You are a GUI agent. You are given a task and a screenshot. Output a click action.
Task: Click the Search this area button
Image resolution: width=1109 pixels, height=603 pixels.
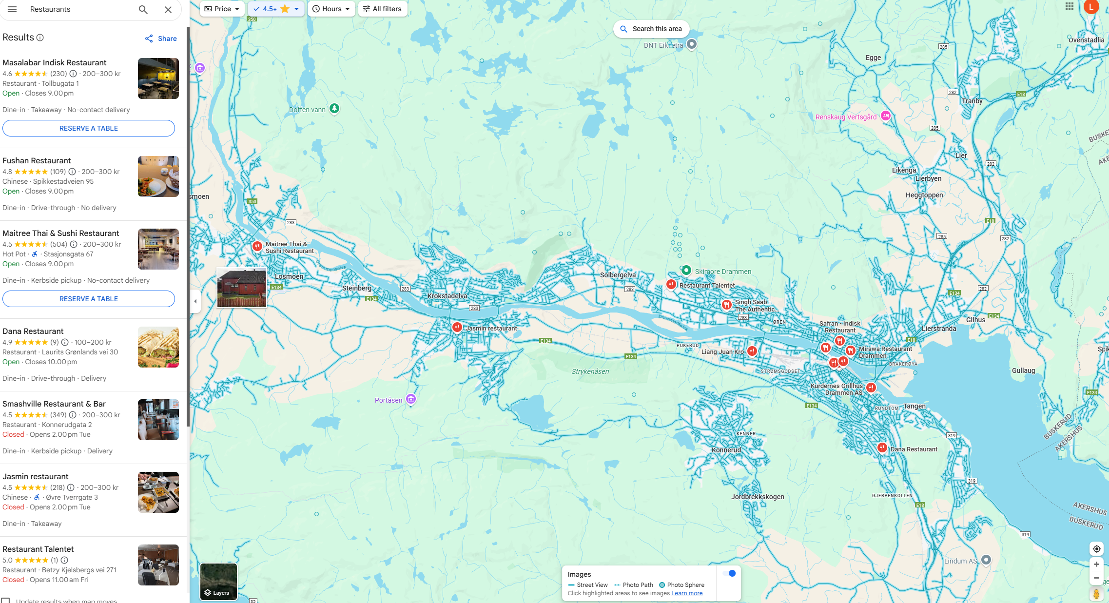pyautogui.click(x=651, y=29)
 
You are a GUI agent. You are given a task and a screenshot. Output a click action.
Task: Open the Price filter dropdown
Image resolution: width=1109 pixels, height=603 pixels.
pyautogui.click(x=222, y=9)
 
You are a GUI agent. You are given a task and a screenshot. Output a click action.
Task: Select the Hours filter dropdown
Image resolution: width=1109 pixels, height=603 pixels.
pyautogui.click(x=331, y=9)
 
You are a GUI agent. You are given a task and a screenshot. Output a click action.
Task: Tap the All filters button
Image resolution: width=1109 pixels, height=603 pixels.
pyautogui.click(x=383, y=9)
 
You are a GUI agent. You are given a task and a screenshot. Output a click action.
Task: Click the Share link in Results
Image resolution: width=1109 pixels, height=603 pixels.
pyautogui.click(x=161, y=39)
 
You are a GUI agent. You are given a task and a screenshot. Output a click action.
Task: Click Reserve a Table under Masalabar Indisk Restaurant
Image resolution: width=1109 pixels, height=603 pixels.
pyautogui.click(x=89, y=128)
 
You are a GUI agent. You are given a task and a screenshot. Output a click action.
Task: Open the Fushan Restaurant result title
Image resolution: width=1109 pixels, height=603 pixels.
pyautogui.click(x=37, y=160)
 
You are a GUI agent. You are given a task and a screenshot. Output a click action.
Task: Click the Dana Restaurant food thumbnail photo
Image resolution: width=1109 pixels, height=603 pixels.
pyautogui.click(x=158, y=347)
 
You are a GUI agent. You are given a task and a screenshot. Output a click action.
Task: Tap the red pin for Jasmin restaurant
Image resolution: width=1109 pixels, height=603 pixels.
pyautogui.click(x=457, y=327)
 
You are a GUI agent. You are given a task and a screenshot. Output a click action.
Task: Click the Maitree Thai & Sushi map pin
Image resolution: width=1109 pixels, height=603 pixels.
pyautogui.click(x=257, y=246)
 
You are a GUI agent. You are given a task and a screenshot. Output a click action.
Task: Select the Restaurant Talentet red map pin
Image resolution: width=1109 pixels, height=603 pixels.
pyautogui.click(x=671, y=284)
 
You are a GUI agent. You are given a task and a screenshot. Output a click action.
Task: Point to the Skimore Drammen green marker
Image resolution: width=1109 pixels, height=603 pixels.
pyautogui.click(x=686, y=270)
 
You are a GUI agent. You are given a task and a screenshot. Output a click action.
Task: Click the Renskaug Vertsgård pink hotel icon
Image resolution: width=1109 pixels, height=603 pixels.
pyautogui.click(x=886, y=116)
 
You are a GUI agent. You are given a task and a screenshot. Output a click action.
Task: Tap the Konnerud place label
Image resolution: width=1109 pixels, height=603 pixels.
pyautogui.click(x=726, y=450)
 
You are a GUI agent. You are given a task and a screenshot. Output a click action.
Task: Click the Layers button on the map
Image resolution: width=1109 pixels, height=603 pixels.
pyautogui.click(x=218, y=582)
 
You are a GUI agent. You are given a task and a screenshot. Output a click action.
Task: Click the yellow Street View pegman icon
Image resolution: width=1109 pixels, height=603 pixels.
pyautogui.click(x=1096, y=594)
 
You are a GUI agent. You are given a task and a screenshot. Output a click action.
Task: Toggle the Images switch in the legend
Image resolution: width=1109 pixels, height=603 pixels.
pyautogui.click(x=729, y=573)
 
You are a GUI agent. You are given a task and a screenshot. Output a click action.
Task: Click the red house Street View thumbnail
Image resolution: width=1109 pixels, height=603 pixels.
pyautogui.click(x=242, y=288)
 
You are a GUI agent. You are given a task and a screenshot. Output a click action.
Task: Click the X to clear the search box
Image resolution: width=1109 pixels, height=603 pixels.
pyautogui.click(x=168, y=10)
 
